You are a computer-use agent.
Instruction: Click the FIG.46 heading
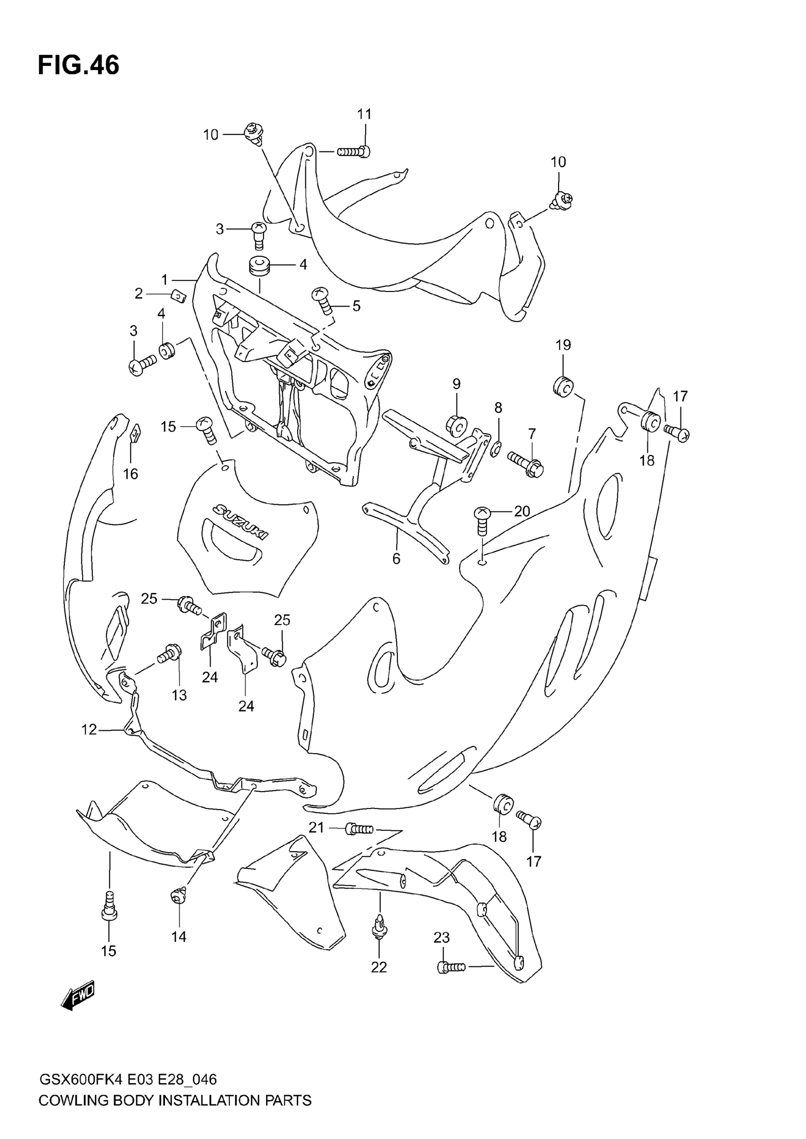point(78,65)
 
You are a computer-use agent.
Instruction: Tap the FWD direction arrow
point(77,994)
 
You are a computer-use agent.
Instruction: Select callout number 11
point(364,114)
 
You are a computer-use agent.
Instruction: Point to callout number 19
point(563,345)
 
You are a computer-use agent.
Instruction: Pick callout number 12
point(89,730)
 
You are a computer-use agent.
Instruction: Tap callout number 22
point(379,967)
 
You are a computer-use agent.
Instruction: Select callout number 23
point(441,937)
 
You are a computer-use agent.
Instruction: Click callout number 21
point(316,827)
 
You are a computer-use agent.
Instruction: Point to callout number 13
point(179,695)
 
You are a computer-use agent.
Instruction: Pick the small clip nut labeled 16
point(135,433)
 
